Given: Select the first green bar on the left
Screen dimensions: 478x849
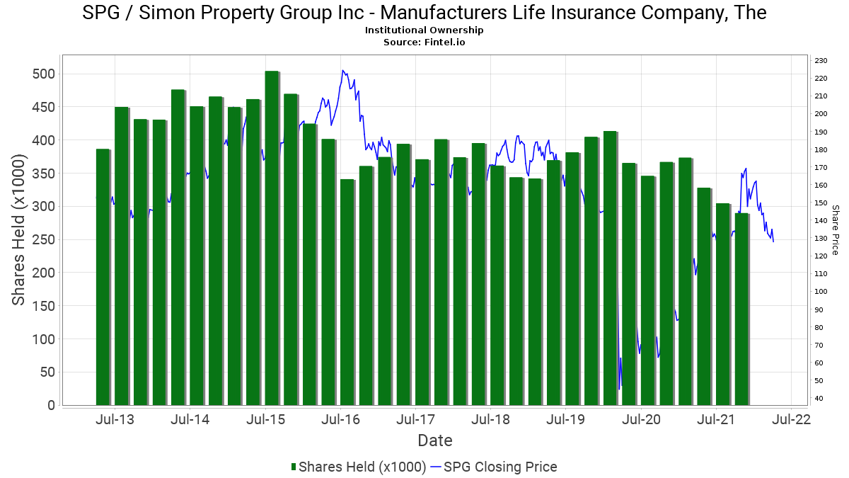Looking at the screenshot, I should (x=103, y=277).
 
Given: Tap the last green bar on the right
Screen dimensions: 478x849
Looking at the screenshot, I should (x=741, y=309).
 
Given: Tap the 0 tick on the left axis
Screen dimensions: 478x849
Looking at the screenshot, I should (x=51, y=406).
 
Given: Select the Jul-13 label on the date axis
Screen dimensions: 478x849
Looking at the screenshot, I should (x=115, y=419).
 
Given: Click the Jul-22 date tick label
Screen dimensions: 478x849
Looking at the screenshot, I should (x=792, y=419).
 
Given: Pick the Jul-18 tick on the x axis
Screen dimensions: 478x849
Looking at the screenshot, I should (x=490, y=419).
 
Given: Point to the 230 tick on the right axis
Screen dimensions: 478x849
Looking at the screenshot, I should (x=821, y=61).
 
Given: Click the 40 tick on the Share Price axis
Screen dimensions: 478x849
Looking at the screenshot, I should (x=819, y=399).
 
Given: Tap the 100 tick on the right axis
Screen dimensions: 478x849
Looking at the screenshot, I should (x=821, y=292).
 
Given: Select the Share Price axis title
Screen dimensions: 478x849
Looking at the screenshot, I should (x=835, y=230).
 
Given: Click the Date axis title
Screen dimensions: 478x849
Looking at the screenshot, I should (x=434, y=440).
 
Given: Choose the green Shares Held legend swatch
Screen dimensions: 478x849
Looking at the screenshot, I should (x=294, y=467).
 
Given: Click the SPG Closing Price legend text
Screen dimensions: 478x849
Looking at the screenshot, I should (x=500, y=467).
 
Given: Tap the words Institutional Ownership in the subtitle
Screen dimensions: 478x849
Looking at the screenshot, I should (x=424, y=30).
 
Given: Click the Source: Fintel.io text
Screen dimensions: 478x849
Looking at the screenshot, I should (x=424, y=42).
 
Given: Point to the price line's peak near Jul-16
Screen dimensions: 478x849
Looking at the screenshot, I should (x=343, y=70).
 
